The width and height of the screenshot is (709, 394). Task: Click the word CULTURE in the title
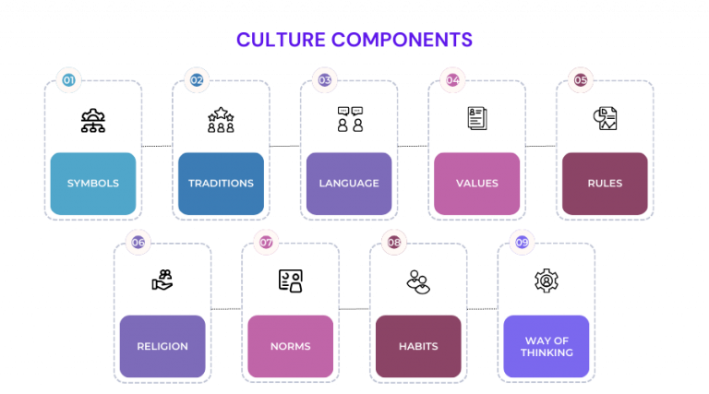[x=281, y=41]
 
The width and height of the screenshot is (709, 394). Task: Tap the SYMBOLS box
[x=92, y=184]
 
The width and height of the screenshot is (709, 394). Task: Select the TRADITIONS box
[x=221, y=184]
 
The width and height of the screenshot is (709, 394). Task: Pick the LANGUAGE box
[x=349, y=184]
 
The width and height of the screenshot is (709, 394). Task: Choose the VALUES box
[x=476, y=184]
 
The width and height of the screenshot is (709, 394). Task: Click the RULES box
[x=605, y=184]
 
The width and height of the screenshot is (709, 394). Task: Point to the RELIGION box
[x=162, y=347]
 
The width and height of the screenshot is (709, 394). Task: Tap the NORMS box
[x=290, y=347]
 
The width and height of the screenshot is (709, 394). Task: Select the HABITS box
[x=418, y=347]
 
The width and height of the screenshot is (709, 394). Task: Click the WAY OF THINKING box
[x=546, y=347]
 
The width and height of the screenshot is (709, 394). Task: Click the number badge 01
[x=68, y=80]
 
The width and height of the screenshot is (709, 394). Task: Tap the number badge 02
[x=197, y=80]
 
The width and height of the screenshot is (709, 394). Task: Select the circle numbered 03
[x=324, y=80]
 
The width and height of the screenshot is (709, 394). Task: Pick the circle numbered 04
[x=452, y=80]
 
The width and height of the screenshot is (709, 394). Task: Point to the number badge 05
[x=580, y=80]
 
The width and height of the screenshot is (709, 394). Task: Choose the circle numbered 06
[x=138, y=243]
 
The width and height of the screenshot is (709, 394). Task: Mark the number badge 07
[x=266, y=243]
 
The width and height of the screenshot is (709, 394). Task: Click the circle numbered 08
[x=394, y=243]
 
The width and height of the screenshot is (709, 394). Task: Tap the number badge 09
[x=522, y=243]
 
